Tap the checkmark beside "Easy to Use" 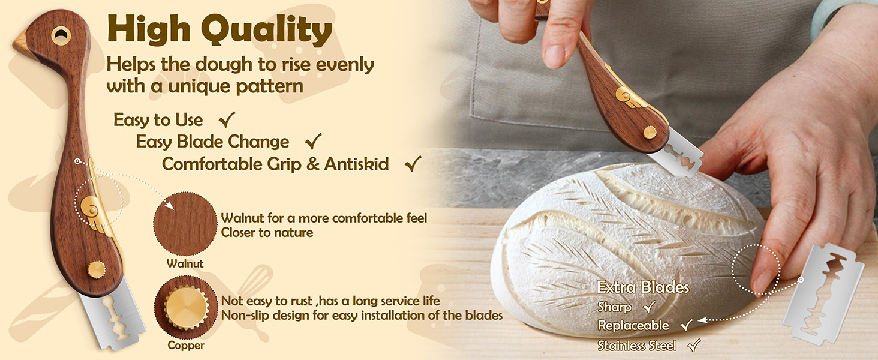(x=227, y=119)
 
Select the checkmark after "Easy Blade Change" (x=313, y=141)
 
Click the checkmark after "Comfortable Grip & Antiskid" (x=413, y=164)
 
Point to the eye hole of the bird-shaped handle (x=61, y=35)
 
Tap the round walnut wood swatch (x=185, y=224)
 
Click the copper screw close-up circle (x=185, y=307)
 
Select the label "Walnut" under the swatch (x=185, y=263)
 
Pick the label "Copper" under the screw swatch (x=186, y=346)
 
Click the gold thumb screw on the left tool (x=97, y=269)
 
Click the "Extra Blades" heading (x=643, y=287)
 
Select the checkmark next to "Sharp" (x=650, y=307)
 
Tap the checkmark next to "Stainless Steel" (x=694, y=345)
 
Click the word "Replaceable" (x=633, y=325)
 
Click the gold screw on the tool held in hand (x=650, y=133)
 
